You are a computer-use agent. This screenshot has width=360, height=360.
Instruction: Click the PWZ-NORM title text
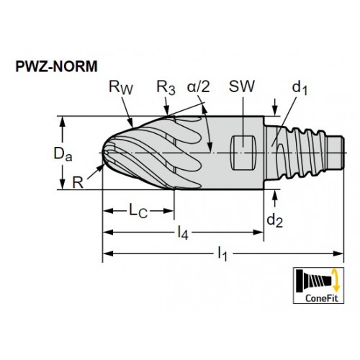click(x=56, y=66)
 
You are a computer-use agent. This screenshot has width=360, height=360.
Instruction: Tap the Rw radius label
click(x=120, y=87)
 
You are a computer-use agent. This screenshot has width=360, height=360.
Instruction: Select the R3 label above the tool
click(x=166, y=88)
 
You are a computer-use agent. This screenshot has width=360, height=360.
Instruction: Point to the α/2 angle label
click(x=199, y=86)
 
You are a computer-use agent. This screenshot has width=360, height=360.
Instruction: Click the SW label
click(x=241, y=86)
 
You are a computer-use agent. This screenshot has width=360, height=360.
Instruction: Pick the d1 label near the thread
click(x=300, y=87)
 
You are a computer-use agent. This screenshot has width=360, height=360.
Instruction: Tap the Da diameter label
click(x=63, y=154)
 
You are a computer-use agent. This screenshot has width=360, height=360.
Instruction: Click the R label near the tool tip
click(x=78, y=183)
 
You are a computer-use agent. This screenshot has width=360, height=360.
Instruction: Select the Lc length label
click(x=138, y=211)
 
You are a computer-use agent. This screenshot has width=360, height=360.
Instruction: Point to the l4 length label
click(x=183, y=233)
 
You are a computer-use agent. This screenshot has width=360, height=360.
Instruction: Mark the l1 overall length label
click(x=222, y=253)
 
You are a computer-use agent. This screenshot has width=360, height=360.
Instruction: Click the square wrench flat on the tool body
click(x=243, y=153)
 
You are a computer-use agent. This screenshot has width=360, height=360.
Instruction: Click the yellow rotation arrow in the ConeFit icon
click(x=336, y=280)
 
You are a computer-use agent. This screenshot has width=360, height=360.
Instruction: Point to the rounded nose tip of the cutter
click(x=104, y=152)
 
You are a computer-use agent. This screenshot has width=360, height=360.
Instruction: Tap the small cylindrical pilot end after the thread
click(x=336, y=152)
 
